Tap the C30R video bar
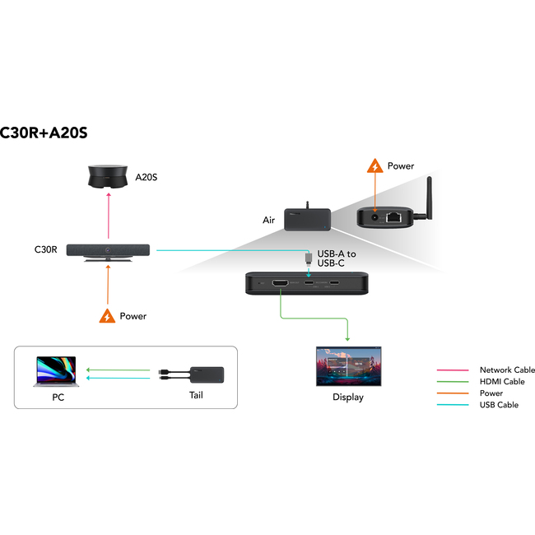coord(109,249)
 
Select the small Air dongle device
coord(308,219)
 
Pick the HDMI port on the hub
coord(280,284)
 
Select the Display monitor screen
coord(348,366)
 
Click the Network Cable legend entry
coord(507,370)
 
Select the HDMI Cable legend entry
coord(501,382)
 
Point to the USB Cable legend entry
coord(499,405)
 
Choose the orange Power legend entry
coord(491,393)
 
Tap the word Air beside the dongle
coord(268,221)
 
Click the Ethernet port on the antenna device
coord(394,218)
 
